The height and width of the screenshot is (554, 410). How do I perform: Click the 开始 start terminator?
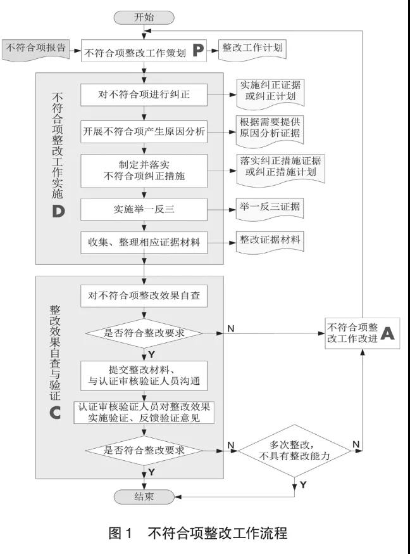coord(144,17)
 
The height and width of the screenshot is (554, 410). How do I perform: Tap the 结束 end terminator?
coord(144,497)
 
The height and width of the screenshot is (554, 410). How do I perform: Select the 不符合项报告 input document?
coord(36,50)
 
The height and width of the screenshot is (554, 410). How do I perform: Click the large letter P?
coord(198,51)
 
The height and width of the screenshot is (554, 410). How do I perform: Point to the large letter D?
coord(58,211)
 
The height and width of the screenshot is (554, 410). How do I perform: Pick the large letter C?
coord(55,413)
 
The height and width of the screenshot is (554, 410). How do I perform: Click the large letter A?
coord(387,333)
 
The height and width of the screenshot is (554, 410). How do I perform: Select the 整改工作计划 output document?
coord(252,50)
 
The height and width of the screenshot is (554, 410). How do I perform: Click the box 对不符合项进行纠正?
coord(144,94)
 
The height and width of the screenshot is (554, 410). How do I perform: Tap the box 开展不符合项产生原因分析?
coord(144,132)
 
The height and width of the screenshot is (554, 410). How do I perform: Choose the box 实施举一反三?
coord(144,210)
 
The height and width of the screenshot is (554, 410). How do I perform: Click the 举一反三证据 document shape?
coord(270,209)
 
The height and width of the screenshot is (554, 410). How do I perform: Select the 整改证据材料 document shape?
coord(270,242)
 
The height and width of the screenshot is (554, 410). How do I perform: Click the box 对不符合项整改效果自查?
coord(144,296)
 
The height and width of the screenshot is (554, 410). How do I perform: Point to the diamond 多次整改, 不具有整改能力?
coord(295,451)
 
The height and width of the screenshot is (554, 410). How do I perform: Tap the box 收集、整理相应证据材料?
coord(144,243)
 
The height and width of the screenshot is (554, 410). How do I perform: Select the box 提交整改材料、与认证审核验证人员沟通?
coord(144,376)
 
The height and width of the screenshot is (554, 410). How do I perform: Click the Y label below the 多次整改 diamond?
coord(303,485)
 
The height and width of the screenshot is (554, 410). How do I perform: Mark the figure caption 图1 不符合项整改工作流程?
coord(198,533)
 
